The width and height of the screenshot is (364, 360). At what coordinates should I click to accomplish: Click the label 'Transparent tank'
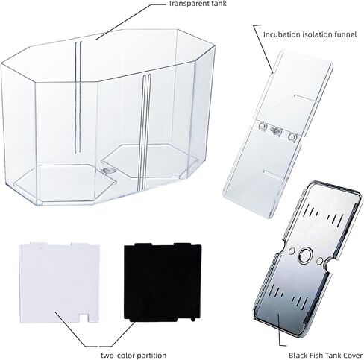(198, 4)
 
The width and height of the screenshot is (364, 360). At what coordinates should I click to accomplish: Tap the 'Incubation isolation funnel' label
(310, 34)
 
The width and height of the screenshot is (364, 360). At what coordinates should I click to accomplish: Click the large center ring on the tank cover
(305, 256)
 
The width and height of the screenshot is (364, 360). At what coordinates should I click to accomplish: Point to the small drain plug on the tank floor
(108, 171)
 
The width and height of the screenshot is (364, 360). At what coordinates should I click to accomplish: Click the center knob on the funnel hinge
(275, 130)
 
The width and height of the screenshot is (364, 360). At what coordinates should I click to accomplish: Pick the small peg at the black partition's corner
(192, 319)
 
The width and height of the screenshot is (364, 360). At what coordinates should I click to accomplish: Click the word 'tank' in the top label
(219, 4)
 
